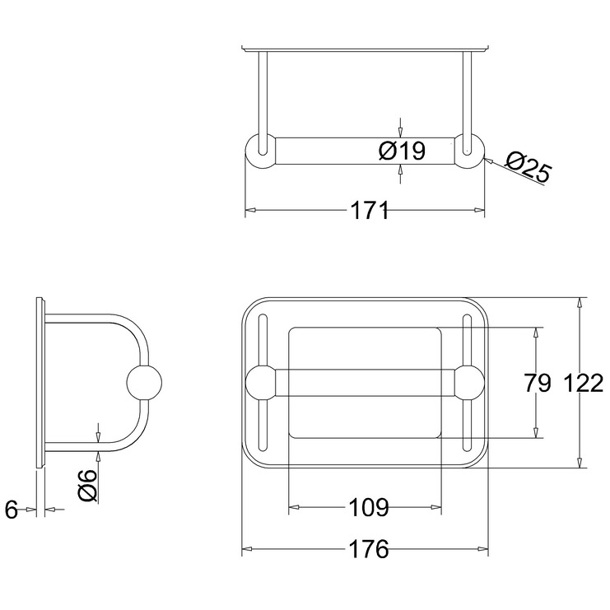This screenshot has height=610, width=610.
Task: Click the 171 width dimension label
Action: pyautogui.click(x=370, y=211)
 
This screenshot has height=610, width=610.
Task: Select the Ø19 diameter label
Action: pyautogui.click(x=403, y=151)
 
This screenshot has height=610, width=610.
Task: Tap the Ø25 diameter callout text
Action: pyautogui.click(x=528, y=166)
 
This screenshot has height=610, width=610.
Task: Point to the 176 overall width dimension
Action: pyautogui.click(x=369, y=549)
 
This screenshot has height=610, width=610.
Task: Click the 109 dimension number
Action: pyautogui.click(x=369, y=507)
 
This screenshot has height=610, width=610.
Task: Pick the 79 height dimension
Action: pyautogui.click(x=538, y=383)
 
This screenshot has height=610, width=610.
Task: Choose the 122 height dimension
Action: pyautogui.click(x=583, y=383)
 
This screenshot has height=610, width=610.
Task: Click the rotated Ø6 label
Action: pyautogui.click(x=87, y=485)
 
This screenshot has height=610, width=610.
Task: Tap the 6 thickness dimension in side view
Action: pyautogui.click(x=12, y=510)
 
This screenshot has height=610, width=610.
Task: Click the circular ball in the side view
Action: pyautogui.click(x=144, y=383)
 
